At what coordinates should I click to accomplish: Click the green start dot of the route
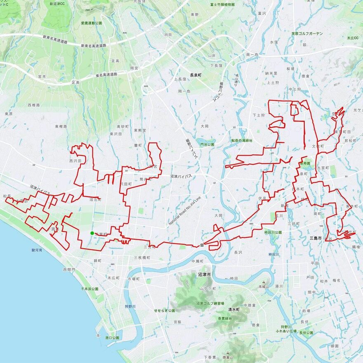click(x=92, y=233)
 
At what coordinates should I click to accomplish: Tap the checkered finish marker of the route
click(x=202, y=245)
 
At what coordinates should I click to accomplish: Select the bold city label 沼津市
click(x=204, y=274)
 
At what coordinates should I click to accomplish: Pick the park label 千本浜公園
click(x=89, y=289)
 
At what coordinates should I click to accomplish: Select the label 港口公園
click(x=112, y=338)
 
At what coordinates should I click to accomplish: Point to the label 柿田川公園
click(x=273, y=233)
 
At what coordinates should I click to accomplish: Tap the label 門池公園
click(x=207, y=145)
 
